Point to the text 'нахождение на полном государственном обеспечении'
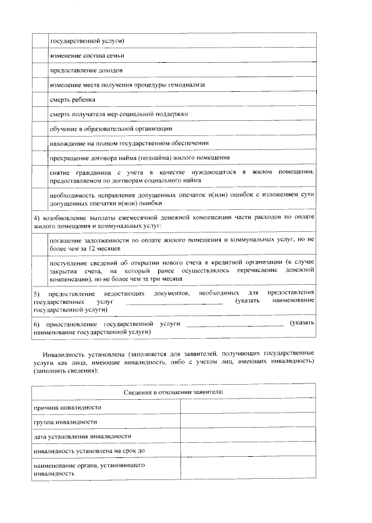tap(129, 143)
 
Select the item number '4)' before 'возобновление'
tap(36, 217)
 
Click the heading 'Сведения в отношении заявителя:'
tap(174, 392)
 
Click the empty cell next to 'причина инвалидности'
tap(248, 407)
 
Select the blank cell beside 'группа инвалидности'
tap(248, 421)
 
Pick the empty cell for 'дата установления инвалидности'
tap(248, 436)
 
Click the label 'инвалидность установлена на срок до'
tap(89, 451)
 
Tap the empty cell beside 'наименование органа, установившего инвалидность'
tap(248, 469)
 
